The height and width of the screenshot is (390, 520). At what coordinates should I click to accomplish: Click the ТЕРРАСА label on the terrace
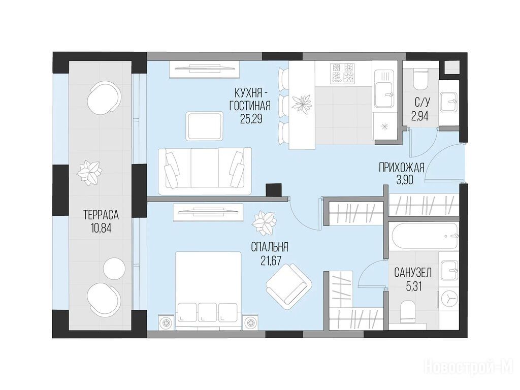(101, 215)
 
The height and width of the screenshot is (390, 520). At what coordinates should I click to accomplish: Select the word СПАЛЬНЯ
(269, 247)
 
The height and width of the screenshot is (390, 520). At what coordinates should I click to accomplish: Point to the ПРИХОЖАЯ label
(402, 168)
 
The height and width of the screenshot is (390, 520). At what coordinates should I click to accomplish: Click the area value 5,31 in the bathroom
(413, 286)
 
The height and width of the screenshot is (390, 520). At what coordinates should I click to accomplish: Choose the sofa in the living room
(205, 171)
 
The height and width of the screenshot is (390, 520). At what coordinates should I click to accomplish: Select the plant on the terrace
(88, 172)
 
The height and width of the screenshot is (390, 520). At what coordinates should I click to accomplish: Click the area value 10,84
(101, 228)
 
